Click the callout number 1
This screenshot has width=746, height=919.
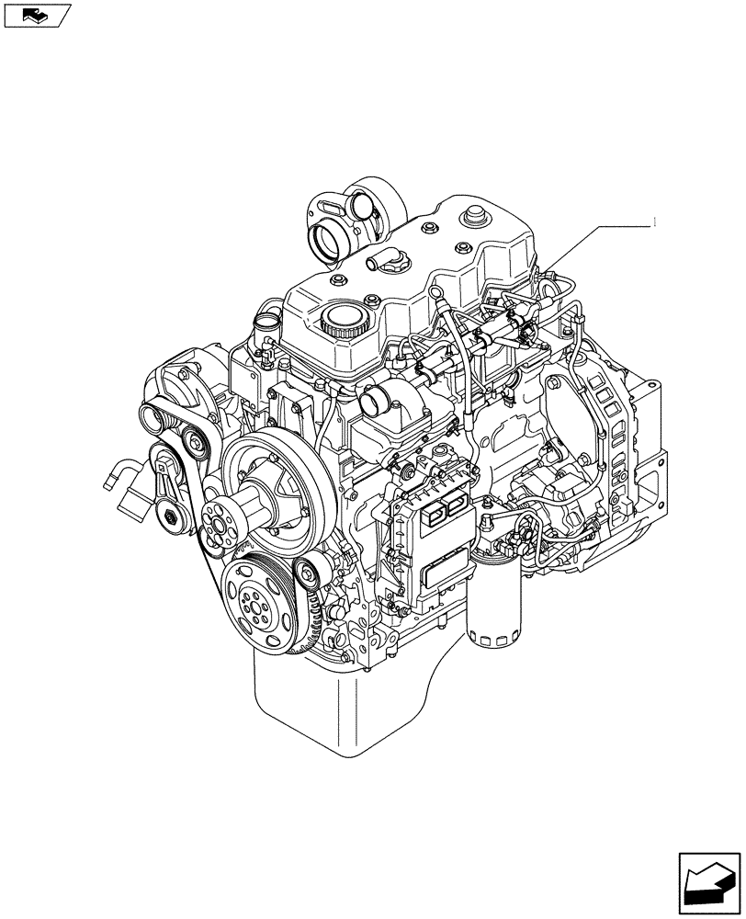654,221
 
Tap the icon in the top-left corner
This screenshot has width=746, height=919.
36,16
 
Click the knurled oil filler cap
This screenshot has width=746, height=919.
345,322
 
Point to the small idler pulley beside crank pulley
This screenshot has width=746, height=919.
308,573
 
